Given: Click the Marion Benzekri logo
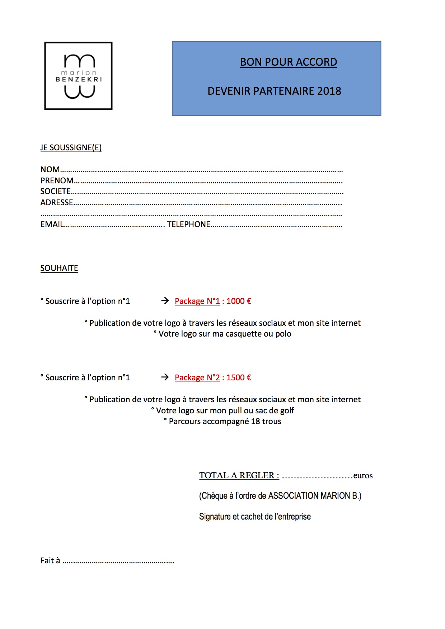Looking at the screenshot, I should click(78, 76).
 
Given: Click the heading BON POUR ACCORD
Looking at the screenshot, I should click(289, 62).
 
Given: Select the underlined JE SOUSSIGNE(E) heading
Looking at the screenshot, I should click(71, 148).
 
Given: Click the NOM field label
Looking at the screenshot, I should click(50, 170).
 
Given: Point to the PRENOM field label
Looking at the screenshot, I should click(57, 180).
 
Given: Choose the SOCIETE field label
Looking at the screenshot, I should click(55, 192).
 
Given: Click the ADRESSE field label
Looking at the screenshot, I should click(57, 203).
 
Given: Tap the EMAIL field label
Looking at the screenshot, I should click(52, 225).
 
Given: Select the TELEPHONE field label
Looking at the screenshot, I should click(189, 225).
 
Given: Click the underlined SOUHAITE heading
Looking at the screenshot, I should click(59, 268).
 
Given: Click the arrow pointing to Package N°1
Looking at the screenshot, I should click(165, 301).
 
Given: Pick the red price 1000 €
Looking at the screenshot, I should click(239, 301).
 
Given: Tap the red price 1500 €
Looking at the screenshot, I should click(239, 378).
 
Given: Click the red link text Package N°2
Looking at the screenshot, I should click(197, 378).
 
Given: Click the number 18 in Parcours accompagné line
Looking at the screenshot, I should click(256, 422).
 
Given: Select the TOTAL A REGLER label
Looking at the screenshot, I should click(239, 476).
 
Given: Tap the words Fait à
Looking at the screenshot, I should click(50, 561).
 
